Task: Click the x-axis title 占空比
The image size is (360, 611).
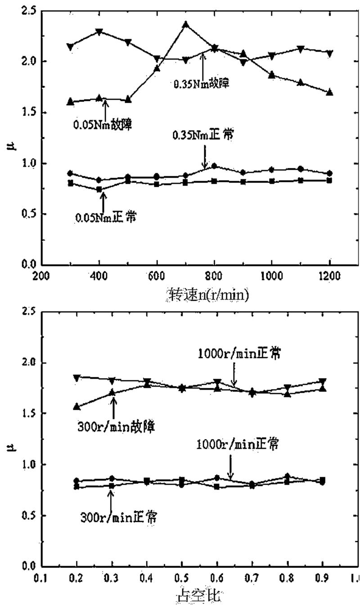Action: pos(199,597)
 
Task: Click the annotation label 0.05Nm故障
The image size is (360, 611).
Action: pos(102,125)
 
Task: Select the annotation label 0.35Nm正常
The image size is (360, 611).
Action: pos(202,135)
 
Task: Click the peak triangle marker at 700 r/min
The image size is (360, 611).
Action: pos(185,24)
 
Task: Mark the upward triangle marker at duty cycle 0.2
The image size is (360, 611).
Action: pos(77,407)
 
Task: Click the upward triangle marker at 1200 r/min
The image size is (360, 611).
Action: pos(329,92)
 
